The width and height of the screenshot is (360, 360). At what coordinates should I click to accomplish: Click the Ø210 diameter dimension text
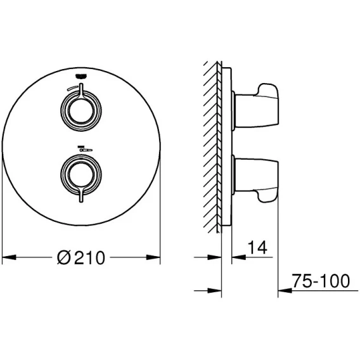(81, 257)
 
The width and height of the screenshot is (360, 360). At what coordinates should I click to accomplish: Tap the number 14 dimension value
(257, 248)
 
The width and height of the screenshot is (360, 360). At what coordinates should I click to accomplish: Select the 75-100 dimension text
(321, 281)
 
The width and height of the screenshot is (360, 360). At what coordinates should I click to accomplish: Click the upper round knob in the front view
(81, 111)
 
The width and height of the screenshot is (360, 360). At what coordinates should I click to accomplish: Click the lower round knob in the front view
(81, 175)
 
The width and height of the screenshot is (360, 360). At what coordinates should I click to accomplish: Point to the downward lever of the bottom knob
(81, 195)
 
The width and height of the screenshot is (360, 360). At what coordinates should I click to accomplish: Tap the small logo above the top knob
(81, 76)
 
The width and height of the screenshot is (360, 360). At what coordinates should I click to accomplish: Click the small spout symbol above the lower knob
(85, 149)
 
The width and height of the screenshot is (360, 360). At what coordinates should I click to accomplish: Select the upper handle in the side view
(256, 106)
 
